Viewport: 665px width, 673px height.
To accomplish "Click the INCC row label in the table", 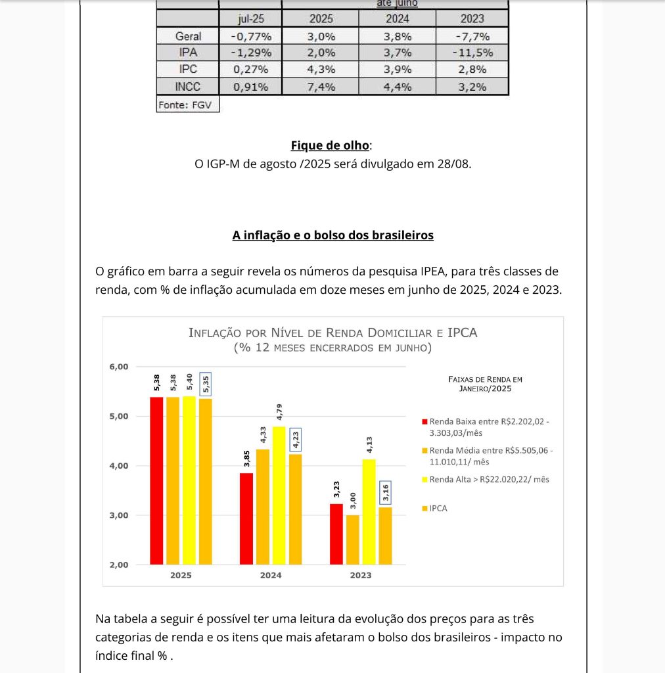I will [188, 86].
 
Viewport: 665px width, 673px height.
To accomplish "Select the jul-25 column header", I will [250, 19].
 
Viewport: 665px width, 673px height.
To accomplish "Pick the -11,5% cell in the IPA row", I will [472, 53].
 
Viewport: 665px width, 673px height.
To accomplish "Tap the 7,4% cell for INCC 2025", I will [321, 86].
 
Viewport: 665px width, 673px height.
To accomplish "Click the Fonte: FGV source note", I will [188, 104].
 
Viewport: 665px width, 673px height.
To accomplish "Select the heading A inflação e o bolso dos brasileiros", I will [332, 235].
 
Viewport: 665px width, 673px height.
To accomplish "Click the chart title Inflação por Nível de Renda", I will [332, 333].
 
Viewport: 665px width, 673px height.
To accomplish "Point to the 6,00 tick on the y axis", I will [120, 367].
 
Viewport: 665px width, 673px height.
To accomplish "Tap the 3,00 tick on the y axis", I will [120, 515].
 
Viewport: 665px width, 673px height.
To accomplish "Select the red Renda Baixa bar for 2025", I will [156, 480].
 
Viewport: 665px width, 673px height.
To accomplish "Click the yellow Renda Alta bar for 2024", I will [279, 496].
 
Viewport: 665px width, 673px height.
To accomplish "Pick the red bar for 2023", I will [336, 534].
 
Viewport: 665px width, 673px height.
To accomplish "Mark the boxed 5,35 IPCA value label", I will [205, 384].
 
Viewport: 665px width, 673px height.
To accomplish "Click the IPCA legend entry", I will [438, 508].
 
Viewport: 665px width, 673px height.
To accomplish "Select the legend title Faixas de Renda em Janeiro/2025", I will [485, 384].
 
